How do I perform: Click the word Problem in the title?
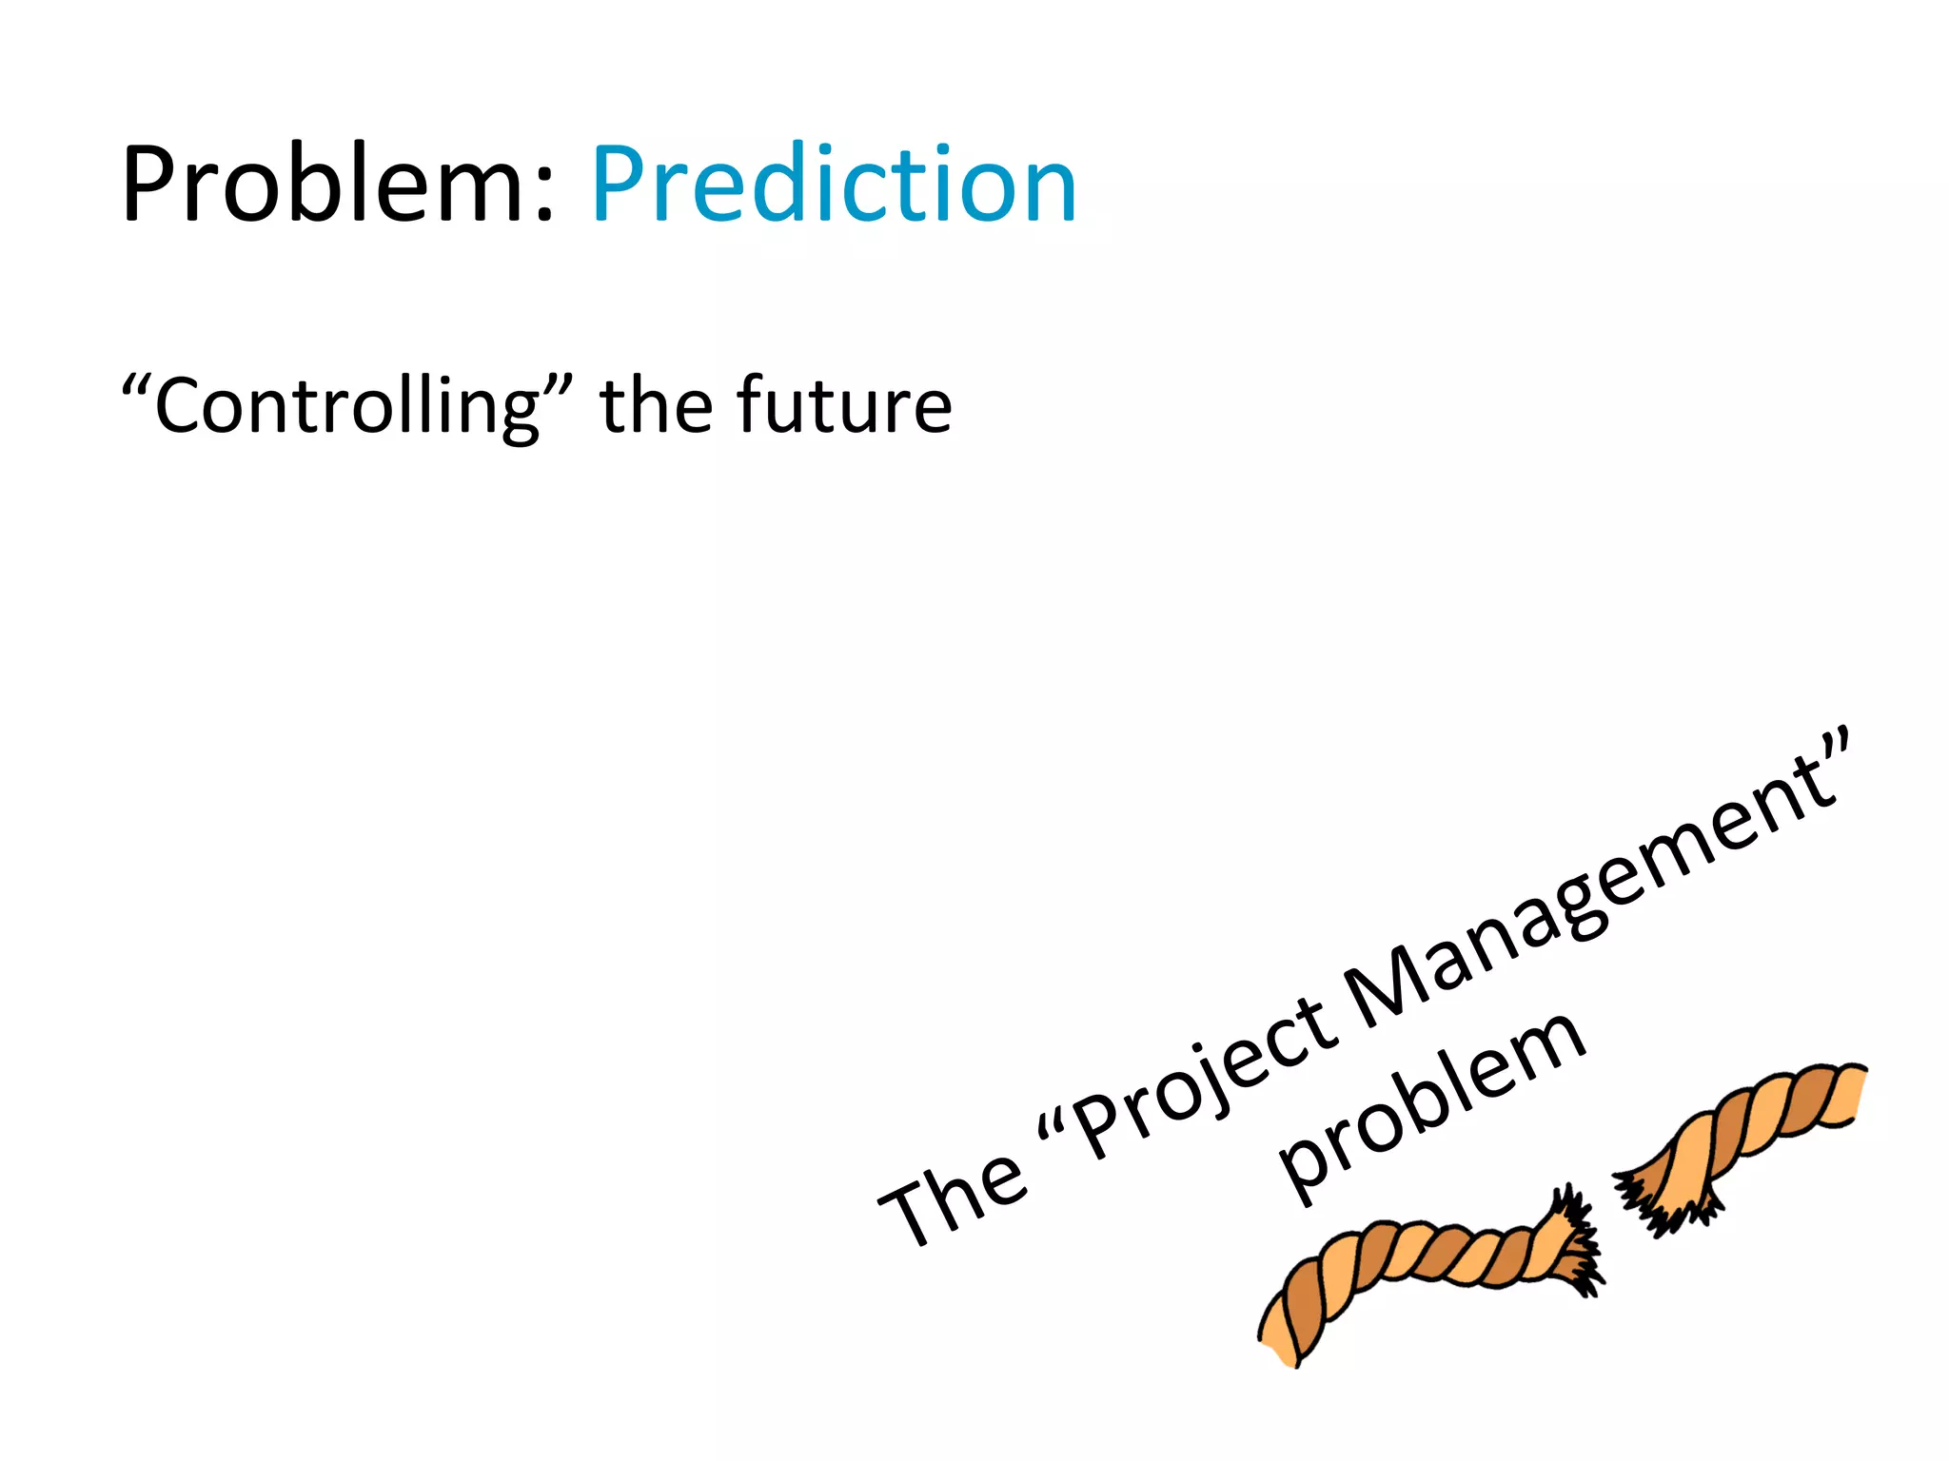pos(324,185)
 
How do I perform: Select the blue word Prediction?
pos(834,185)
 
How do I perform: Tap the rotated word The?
pos(952,1198)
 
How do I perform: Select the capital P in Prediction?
pos(623,185)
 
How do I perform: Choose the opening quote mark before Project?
pos(1051,1127)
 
